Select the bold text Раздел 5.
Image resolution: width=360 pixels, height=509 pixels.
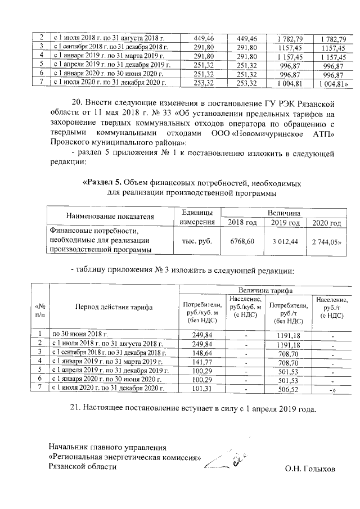[x=102, y=183]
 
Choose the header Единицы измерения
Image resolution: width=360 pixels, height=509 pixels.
[x=196, y=218]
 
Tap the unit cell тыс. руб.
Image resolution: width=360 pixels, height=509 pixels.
[x=196, y=241]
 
